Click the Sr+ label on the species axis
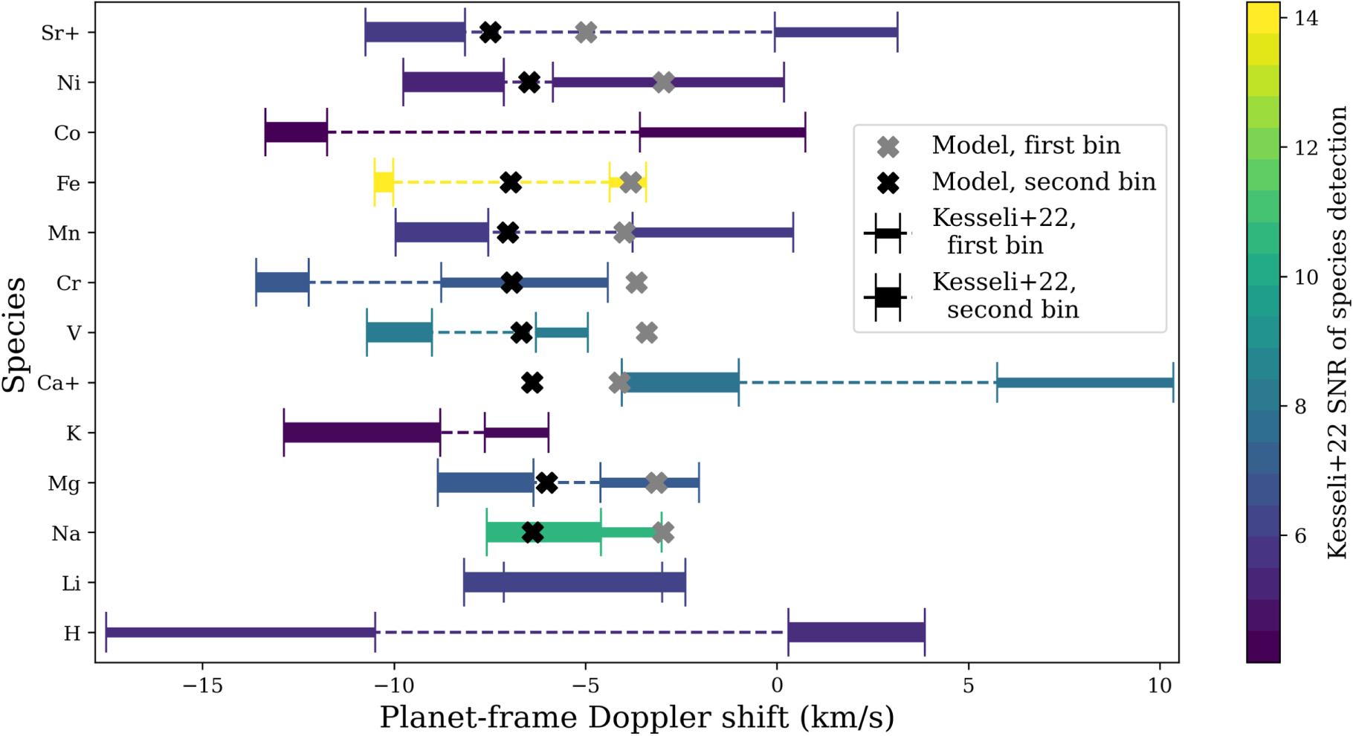click(x=59, y=33)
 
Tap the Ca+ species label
click(x=58, y=383)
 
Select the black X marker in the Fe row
click(x=510, y=182)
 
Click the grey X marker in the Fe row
click(x=630, y=182)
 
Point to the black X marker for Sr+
click(x=490, y=33)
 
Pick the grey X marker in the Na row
click(x=663, y=532)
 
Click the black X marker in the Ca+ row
click(x=532, y=383)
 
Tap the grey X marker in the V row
click(x=647, y=333)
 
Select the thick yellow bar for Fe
click(x=384, y=182)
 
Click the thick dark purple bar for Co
click(x=296, y=132)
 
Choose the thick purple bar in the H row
click(x=856, y=632)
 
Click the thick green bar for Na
click(x=543, y=532)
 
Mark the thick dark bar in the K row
click(x=362, y=433)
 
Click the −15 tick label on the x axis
click(x=202, y=686)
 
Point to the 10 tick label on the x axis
click(x=1160, y=686)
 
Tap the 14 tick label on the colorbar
click(x=1305, y=19)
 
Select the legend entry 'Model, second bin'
click(x=1044, y=182)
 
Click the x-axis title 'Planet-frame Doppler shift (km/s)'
click(x=636, y=718)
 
